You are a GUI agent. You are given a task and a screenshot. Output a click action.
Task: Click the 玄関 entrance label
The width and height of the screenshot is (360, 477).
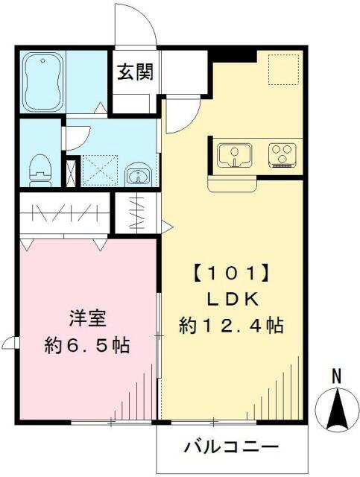pyautogui.click(x=134, y=72)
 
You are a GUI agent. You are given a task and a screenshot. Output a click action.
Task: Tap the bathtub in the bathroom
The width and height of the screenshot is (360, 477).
pyautogui.click(x=42, y=80)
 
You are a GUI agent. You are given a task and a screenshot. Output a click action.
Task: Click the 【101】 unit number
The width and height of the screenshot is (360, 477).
pyautogui.click(x=232, y=273)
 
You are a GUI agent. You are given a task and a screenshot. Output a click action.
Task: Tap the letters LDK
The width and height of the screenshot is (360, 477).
pyautogui.click(x=232, y=299)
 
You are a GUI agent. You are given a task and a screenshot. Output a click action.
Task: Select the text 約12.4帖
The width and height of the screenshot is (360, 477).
pyautogui.click(x=232, y=326)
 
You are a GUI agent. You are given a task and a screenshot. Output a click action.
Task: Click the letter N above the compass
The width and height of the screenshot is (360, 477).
pyautogui.click(x=336, y=377)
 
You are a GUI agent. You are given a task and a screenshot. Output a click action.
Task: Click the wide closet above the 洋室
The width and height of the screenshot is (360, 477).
pyautogui.click(x=64, y=214)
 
